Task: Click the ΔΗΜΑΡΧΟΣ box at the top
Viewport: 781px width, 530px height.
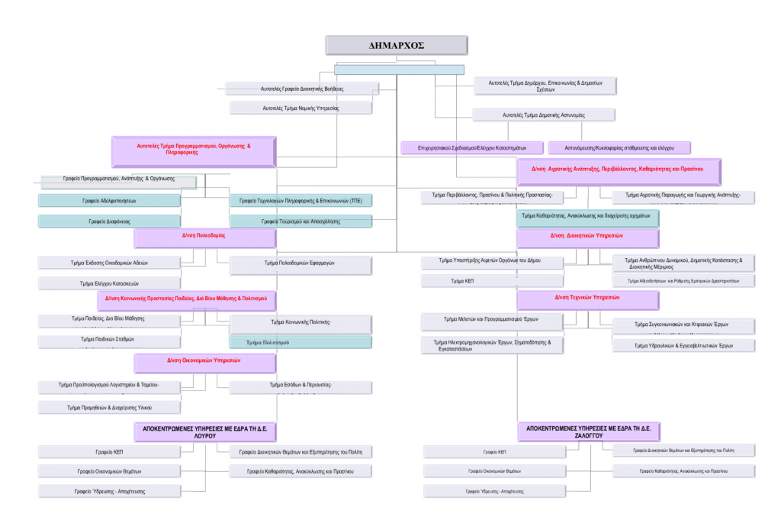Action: tap(396, 45)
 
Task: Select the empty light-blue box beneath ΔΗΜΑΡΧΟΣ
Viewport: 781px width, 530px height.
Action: tap(398, 69)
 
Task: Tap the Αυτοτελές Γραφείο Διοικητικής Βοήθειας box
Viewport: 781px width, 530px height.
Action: tap(301, 89)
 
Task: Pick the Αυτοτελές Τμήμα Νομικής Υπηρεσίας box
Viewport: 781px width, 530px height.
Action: tap(301, 108)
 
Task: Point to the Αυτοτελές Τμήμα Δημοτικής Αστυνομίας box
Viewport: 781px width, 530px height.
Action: tap(544, 115)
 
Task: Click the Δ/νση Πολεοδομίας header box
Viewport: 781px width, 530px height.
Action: tap(204, 238)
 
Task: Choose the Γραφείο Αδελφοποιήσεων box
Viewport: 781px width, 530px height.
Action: tap(109, 200)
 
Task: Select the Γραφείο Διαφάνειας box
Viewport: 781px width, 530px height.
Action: tap(109, 221)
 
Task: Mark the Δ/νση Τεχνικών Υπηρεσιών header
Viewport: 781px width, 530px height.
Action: tap(587, 298)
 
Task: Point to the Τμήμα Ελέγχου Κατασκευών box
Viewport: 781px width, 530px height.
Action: tap(109, 283)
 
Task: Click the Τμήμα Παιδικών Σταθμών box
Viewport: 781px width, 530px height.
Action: tap(109, 339)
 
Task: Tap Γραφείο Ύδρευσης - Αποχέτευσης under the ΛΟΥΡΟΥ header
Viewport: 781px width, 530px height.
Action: tap(109, 491)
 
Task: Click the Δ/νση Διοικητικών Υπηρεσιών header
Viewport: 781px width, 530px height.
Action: tap(587, 238)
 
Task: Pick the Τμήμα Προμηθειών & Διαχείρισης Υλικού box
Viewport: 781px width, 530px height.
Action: tap(109, 407)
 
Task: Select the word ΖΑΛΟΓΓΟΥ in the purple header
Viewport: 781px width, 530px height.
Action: tap(588, 436)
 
